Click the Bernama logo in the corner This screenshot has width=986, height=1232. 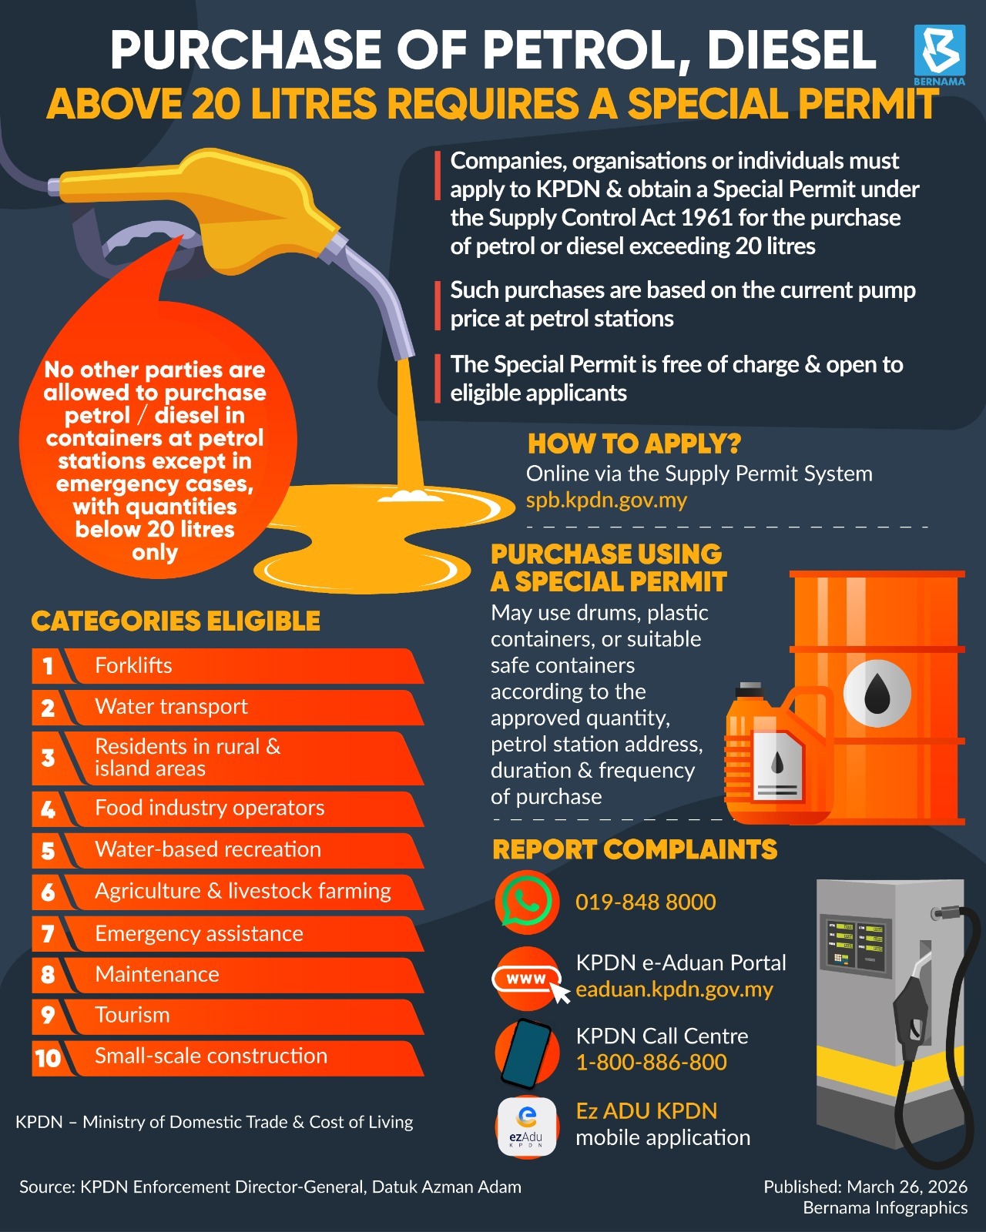coord(940,55)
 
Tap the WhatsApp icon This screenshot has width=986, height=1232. coord(527,902)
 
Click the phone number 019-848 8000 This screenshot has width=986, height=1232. coord(646,902)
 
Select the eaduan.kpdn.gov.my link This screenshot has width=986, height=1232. coord(674,989)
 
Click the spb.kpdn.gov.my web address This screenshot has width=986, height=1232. coord(606,500)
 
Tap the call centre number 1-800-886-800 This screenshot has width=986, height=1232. coord(652,1062)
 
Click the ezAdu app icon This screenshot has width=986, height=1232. coord(527,1126)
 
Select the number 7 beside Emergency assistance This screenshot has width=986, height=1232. coord(48,934)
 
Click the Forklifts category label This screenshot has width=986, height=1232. coord(133,665)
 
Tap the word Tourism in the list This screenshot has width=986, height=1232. coord(132,1015)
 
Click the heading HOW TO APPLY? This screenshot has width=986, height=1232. coord(634,444)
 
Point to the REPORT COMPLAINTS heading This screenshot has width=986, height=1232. coord(635,849)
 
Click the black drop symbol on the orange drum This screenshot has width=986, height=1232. coord(877,694)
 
